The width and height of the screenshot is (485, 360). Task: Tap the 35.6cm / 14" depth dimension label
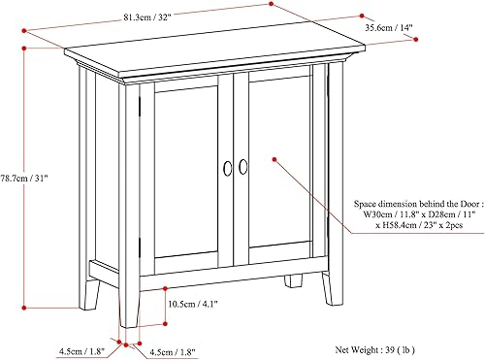tap(389, 27)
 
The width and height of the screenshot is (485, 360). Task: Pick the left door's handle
tap(227, 168)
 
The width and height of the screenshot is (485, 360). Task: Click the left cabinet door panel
tap(189, 171)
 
